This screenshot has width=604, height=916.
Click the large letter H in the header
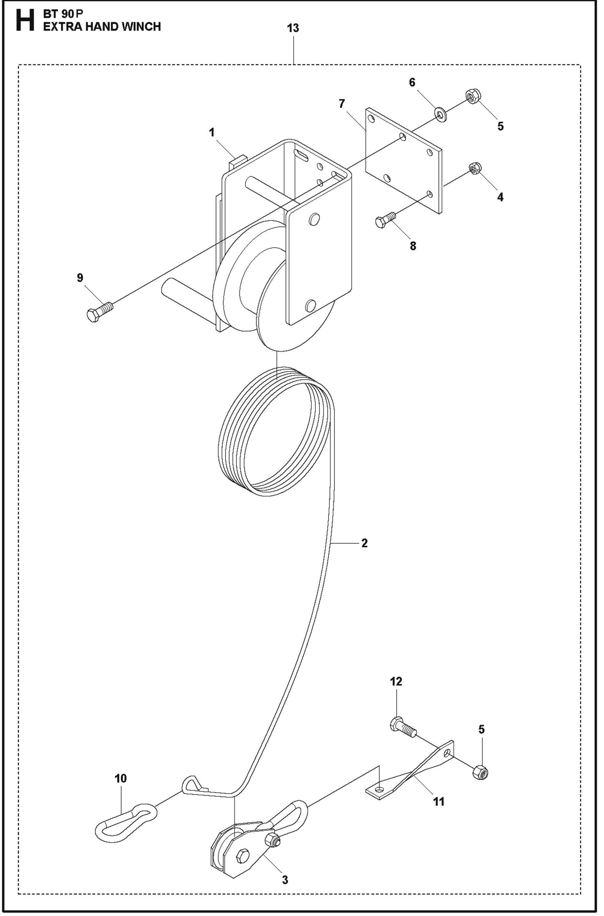25,20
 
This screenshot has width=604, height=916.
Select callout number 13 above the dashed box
293,28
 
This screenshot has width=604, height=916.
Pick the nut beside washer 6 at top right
473,97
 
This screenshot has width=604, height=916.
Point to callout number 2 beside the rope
364,543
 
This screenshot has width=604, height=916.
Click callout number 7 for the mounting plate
342,104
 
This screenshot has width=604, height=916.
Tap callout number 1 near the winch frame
212,132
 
